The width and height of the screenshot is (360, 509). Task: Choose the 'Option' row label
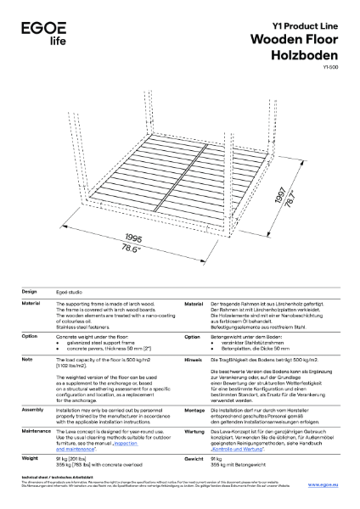[x=31, y=337]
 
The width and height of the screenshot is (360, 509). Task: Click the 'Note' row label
[x=27, y=360]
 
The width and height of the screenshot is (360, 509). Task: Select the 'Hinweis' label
[x=194, y=360]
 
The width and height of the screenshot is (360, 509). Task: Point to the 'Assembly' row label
[x=33, y=409]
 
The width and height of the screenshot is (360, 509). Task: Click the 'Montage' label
[x=195, y=409]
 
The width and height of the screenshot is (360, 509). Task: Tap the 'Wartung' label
[x=194, y=431]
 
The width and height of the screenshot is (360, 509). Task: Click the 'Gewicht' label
[x=194, y=457]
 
